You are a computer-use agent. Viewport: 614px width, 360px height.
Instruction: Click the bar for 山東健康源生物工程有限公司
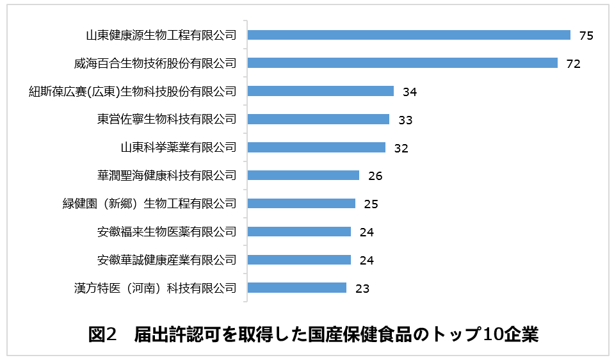pyautogui.click(x=408, y=35)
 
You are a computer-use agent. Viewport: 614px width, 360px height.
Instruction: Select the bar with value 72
pyautogui.click(x=402, y=63)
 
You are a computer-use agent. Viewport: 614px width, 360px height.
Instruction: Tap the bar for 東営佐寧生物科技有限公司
pyautogui.click(x=318, y=119)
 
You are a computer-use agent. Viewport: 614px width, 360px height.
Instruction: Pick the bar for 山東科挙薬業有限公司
pyautogui.click(x=316, y=147)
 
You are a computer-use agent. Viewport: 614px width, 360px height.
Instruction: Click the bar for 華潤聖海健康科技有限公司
pyautogui.click(x=303, y=176)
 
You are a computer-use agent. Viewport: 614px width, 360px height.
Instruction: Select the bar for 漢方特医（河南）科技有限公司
pyautogui.click(x=296, y=288)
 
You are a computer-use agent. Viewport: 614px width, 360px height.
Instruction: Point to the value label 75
pyautogui.click(x=586, y=35)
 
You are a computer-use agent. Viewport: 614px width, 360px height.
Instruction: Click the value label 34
pyautogui.click(x=410, y=92)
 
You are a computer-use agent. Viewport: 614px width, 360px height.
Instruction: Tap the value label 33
pyautogui.click(x=405, y=120)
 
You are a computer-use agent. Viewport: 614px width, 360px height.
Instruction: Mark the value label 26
pyautogui.click(x=375, y=176)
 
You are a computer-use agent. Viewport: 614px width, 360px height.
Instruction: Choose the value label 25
pyautogui.click(x=371, y=204)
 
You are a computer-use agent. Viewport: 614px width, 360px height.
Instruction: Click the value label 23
pyautogui.click(x=362, y=288)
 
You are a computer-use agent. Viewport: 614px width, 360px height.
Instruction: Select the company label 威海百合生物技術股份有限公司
pyautogui.click(x=155, y=63)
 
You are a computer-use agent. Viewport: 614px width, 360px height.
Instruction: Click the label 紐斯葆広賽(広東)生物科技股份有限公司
pyautogui.click(x=133, y=91)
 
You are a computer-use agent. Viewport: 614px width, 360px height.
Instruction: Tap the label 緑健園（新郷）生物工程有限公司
pyautogui.click(x=145, y=204)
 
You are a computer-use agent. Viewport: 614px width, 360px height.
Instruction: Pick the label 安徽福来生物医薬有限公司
pyautogui.click(x=166, y=231)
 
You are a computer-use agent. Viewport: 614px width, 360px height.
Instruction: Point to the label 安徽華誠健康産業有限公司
pyautogui.click(x=166, y=259)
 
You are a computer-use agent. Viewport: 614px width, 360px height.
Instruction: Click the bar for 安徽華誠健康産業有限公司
pyautogui.click(x=299, y=259)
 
